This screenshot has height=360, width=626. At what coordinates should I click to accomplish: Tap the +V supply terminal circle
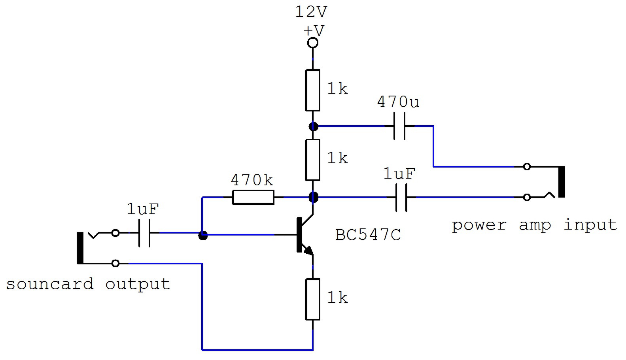pos(313,43)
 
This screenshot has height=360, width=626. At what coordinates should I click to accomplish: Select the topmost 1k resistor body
pos(313,90)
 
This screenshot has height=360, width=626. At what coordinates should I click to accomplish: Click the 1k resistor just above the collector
pos(313,160)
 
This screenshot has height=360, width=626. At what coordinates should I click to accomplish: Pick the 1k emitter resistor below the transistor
pos(313,299)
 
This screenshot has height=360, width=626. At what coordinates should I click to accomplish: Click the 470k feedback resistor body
pos(253,197)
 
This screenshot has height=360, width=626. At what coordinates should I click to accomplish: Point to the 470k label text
pos(252,180)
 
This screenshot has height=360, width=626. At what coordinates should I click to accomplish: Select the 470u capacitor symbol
pos(399,126)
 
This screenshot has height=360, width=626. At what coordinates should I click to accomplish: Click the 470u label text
pos(398,102)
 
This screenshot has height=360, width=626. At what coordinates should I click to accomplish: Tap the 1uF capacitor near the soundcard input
pos(144,233)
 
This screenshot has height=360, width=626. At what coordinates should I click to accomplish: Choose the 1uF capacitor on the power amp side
pos(401,197)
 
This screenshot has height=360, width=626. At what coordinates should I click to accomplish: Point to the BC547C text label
pos(368,235)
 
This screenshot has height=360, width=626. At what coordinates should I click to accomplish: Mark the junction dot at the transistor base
pos(203,235)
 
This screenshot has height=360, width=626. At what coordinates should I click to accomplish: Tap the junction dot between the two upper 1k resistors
pos(313,126)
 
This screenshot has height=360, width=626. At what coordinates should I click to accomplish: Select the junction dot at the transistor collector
pos(313,197)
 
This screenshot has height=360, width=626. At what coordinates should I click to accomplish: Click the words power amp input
pos(534,225)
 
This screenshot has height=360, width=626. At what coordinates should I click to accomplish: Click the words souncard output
pos(88,284)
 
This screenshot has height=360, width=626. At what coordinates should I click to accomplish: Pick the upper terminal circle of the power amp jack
pos(527,167)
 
